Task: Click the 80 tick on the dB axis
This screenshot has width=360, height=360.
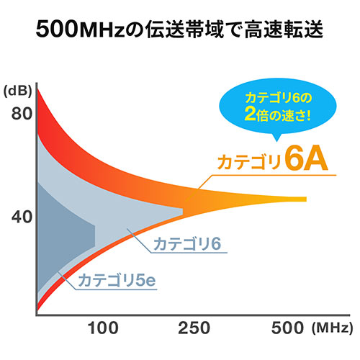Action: point(19,114)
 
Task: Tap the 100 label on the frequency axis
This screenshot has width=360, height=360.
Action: point(107,328)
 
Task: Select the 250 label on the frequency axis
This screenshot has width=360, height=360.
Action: point(193,328)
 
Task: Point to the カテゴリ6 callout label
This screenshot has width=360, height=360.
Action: point(186,245)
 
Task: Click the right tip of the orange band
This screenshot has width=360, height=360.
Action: point(304,199)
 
